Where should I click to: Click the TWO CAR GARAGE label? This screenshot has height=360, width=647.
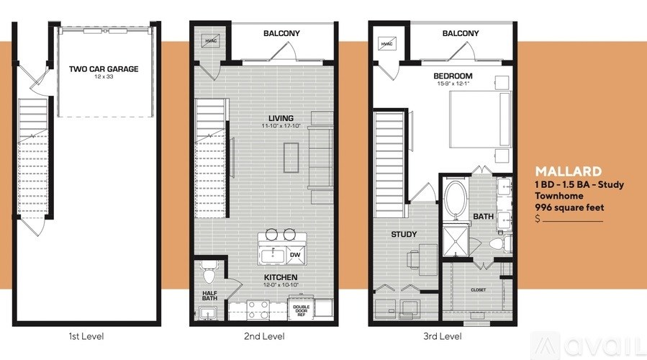(x=104, y=69)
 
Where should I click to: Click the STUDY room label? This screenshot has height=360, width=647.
(x=404, y=234)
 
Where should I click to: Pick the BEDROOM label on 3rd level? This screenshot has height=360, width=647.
(x=453, y=76)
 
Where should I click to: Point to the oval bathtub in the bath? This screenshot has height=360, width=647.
(x=455, y=199)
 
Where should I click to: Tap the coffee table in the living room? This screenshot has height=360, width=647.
(x=291, y=158)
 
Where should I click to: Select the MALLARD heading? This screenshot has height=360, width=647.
(x=568, y=171)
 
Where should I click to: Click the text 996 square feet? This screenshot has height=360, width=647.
(x=569, y=207)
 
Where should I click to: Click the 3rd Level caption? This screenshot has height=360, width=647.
(x=441, y=336)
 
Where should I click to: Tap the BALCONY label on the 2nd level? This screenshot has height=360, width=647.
(x=281, y=34)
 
